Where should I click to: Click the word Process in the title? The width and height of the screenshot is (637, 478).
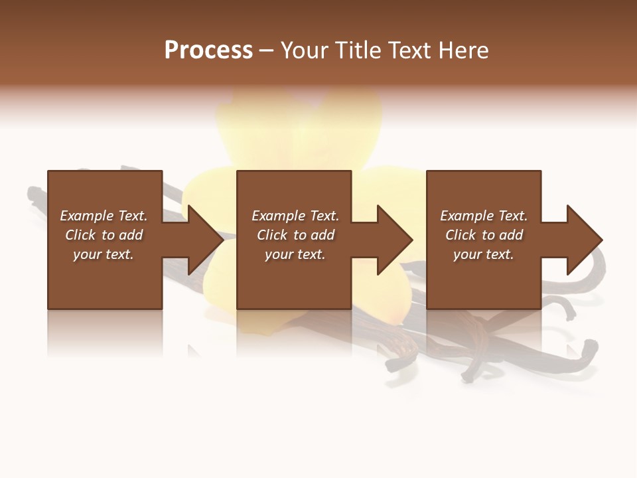(x=208, y=50)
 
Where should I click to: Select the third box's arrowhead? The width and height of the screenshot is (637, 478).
(x=583, y=240)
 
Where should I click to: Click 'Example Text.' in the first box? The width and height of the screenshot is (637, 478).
(x=104, y=216)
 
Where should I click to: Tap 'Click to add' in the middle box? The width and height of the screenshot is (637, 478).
(x=295, y=235)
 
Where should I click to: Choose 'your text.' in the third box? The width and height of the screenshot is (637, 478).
(x=484, y=254)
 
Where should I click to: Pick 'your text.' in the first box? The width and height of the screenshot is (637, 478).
(x=104, y=254)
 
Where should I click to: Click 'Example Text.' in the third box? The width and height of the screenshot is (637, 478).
(x=484, y=216)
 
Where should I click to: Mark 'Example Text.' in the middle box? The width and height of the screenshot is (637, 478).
(x=295, y=216)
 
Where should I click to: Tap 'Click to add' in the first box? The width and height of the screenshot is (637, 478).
(x=104, y=235)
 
